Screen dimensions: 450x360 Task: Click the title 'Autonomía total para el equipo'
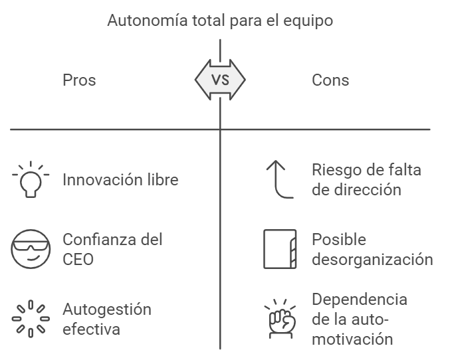click(220, 21)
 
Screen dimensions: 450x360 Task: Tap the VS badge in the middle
click(220, 80)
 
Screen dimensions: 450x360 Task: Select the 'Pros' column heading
click(79, 80)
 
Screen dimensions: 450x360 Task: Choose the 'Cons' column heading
click(330, 80)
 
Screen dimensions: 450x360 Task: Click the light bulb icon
click(31, 179)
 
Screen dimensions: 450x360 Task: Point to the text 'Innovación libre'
click(120, 179)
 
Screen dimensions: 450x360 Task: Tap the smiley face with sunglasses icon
click(31, 249)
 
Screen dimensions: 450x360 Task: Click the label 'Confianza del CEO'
click(112, 249)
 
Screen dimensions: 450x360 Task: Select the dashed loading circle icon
click(31, 319)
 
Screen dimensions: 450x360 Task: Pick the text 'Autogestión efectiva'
click(106, 319)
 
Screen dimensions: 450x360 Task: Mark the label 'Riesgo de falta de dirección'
click(366, 179)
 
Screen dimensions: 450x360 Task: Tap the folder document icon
click(279, 249)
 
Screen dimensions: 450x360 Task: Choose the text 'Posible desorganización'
click(372, 249)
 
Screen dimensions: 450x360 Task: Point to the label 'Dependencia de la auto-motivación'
click(360, 319)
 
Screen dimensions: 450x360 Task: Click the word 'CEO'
click(78, 258)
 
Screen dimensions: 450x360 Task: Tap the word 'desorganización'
click(372, 258)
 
